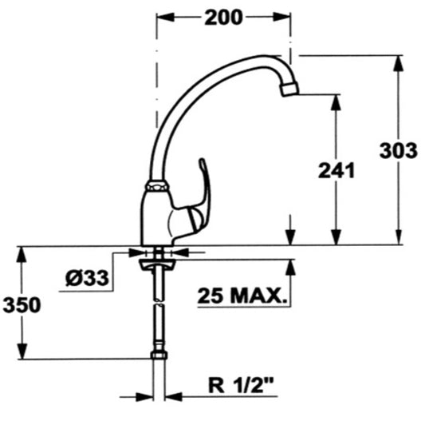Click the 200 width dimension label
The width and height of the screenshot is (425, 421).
(223, 18)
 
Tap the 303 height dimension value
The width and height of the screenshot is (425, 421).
(398, 150)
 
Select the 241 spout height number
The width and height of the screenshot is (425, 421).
(336, 171)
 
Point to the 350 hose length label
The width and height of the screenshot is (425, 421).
(22, 304)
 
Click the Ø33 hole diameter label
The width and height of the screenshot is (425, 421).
(87, 278)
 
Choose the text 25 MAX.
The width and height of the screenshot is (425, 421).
(242, 296)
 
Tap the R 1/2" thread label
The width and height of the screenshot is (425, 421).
(241, 385)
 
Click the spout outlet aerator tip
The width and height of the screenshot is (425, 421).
(289, 89)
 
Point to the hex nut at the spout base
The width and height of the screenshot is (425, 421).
(157, 186)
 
